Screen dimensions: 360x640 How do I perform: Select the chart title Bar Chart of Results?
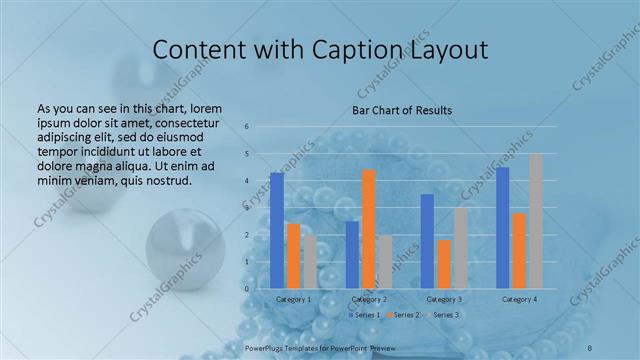point(401,110)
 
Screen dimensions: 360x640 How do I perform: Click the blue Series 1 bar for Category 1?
point(277,230)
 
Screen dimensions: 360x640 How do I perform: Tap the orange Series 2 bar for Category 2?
point(369,229)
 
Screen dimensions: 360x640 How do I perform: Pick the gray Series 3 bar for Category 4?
point(536,221)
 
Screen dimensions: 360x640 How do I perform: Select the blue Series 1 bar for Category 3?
point(427,241)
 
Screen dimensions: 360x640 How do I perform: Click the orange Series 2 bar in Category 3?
point(444,264)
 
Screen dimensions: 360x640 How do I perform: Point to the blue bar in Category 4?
point(503,228)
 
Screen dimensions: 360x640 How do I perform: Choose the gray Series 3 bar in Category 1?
point(310,262)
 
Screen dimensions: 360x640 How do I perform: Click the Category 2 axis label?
point(369,299)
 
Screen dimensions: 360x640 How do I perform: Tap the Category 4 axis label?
point(519,299)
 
